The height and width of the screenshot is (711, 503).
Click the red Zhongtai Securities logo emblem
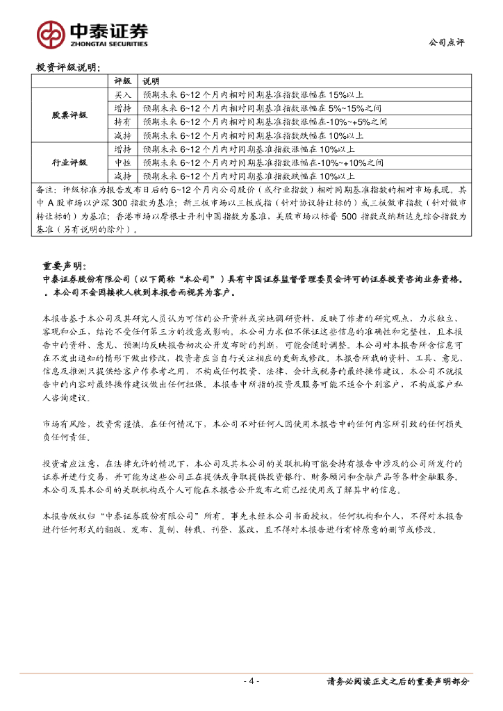tap(51, 32)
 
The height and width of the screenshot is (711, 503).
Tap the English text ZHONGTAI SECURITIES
tap(108, 43)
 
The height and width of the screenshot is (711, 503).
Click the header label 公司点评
tap(446, 42)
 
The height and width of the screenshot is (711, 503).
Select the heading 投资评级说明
tap(67, 68)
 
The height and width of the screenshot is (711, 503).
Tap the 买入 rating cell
tap(122, 94)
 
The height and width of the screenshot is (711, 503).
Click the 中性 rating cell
tap(122, 162)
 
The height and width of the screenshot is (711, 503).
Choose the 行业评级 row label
tap(70, 162)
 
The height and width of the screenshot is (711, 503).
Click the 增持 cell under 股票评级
tap(122, 108)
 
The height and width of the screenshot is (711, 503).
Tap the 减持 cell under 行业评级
tap(122, 176)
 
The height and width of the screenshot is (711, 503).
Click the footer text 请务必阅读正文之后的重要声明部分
tap(397, 682)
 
